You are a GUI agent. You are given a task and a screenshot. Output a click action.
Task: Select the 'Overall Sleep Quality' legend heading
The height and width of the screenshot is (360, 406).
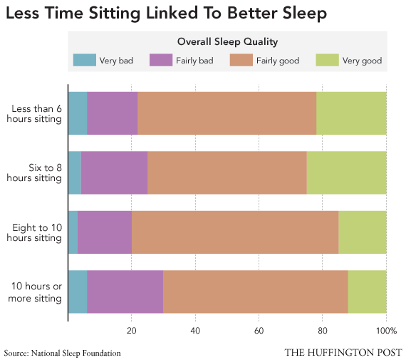pos(227,42)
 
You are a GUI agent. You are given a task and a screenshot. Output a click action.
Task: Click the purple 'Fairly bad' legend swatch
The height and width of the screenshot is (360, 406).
pos(161,61)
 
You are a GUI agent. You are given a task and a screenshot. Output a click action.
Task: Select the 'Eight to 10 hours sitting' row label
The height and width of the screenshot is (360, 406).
pos(36,232)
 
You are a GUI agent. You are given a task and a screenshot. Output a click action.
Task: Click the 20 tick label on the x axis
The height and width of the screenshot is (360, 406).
pos(132,331)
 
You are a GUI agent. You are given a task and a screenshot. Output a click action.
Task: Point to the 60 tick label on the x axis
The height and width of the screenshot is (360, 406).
pos(259,331)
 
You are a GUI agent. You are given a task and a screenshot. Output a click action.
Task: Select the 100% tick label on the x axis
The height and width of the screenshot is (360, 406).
pos(385,331)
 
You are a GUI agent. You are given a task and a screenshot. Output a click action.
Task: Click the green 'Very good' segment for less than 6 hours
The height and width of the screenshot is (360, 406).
pos(351,113)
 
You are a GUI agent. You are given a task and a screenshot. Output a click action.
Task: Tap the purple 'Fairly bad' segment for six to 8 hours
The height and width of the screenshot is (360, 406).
pos(114,173)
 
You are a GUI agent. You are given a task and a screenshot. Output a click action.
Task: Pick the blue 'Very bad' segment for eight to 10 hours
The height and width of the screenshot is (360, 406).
pos(73,232)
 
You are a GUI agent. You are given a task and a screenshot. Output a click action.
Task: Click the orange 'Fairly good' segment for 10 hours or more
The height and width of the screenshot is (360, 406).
pos(255,292)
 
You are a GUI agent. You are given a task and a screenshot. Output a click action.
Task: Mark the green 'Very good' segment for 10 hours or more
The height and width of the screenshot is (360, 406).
pos(367,292)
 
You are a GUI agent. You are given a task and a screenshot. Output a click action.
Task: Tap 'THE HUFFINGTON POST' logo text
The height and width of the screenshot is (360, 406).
pos(343,352)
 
